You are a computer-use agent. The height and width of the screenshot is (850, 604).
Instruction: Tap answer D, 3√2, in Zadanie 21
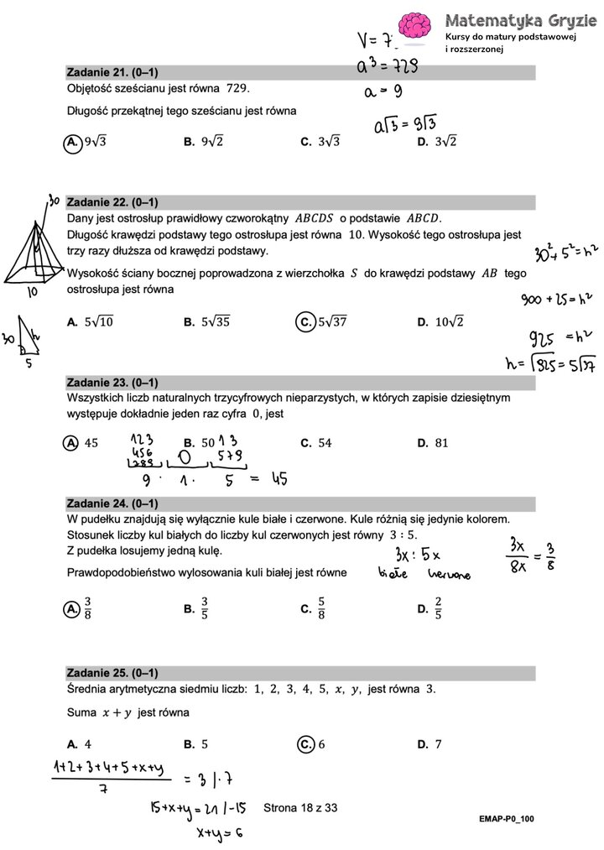pyautogui.click(x=437, y=143)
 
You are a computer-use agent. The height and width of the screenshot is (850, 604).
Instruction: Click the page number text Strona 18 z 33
pyautogui.click(x=300, y=808)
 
